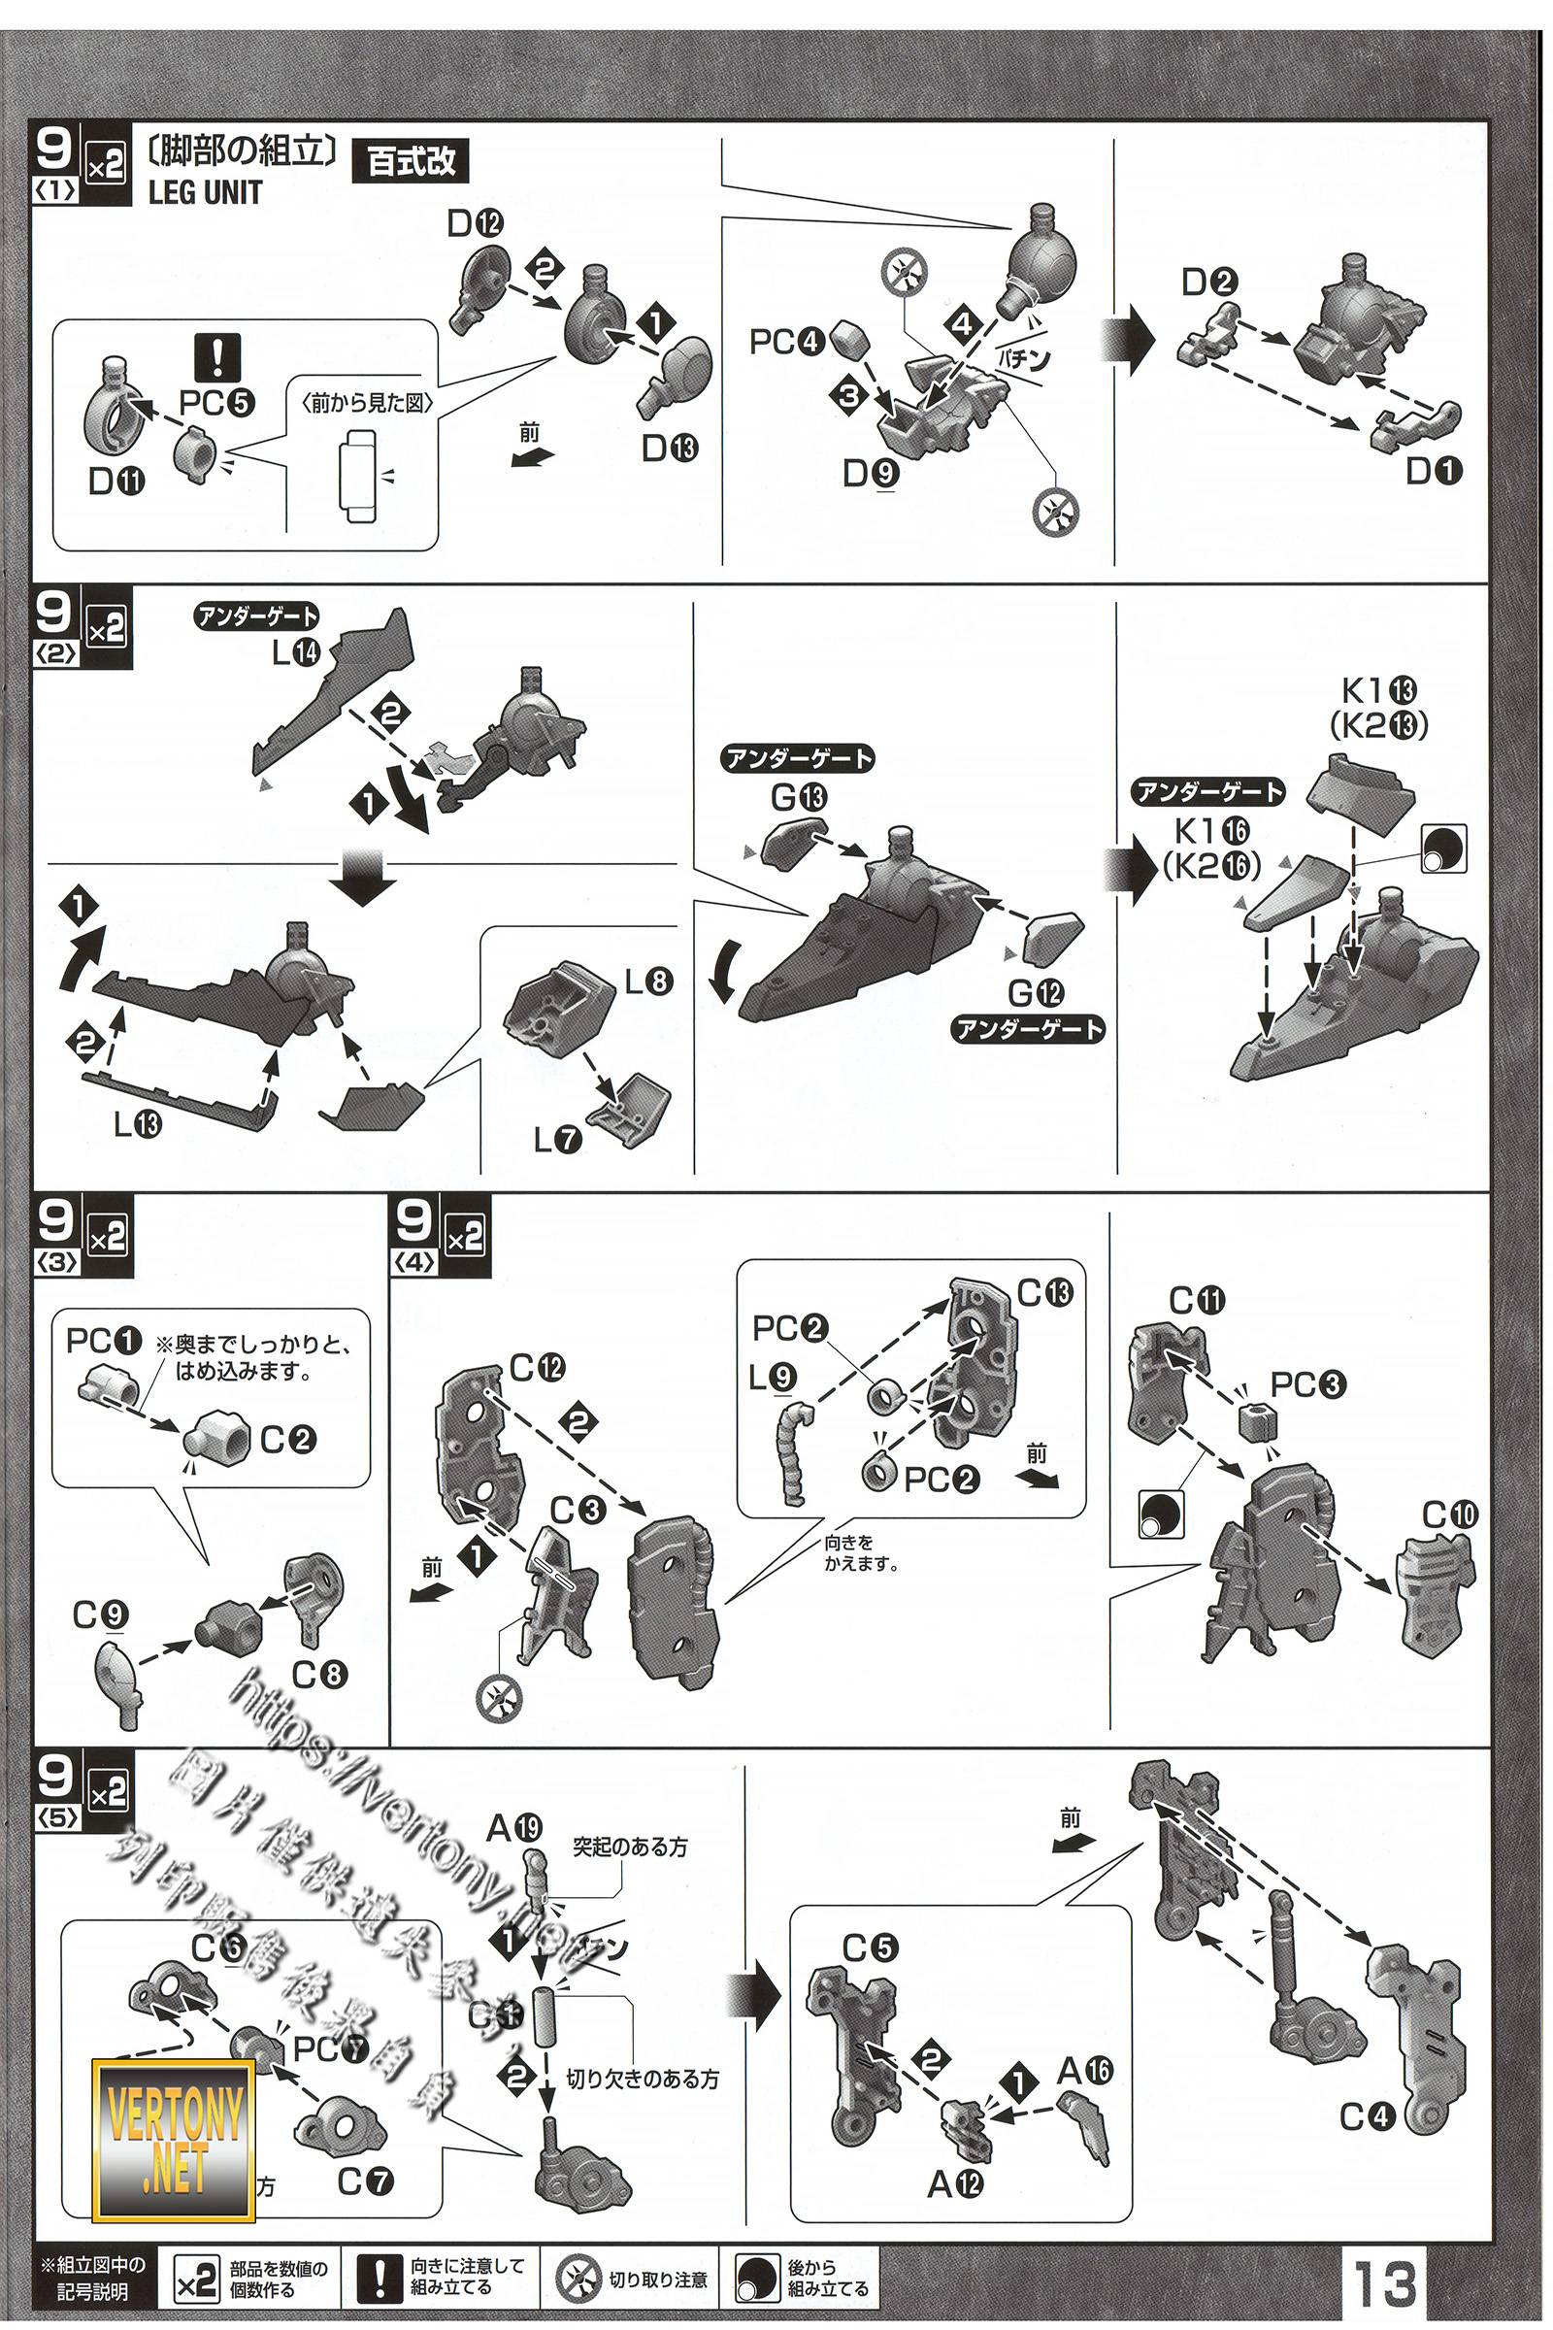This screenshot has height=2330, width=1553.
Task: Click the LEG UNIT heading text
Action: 205,192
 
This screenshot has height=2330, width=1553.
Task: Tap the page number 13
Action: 1384,2282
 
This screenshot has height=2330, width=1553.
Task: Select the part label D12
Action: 476,224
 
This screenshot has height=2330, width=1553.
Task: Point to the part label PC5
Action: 215,402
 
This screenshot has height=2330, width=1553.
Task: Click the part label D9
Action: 871,475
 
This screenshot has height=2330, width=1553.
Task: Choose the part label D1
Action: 1434,471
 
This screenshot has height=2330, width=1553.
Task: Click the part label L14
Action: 296,651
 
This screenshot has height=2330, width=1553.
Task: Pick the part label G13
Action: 798,796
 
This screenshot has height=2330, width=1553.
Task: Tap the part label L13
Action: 137,1123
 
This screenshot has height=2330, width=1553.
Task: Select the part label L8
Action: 648,981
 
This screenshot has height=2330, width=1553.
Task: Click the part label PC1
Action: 103,1342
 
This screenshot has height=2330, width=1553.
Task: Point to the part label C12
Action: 537,1368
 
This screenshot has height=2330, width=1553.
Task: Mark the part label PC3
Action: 1307,1384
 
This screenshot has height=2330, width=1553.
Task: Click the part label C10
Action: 1449,1514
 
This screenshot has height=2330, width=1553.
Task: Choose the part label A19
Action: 514,1828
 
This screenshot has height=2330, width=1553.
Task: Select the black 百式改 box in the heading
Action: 411,160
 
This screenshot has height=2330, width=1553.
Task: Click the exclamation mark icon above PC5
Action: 216,357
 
